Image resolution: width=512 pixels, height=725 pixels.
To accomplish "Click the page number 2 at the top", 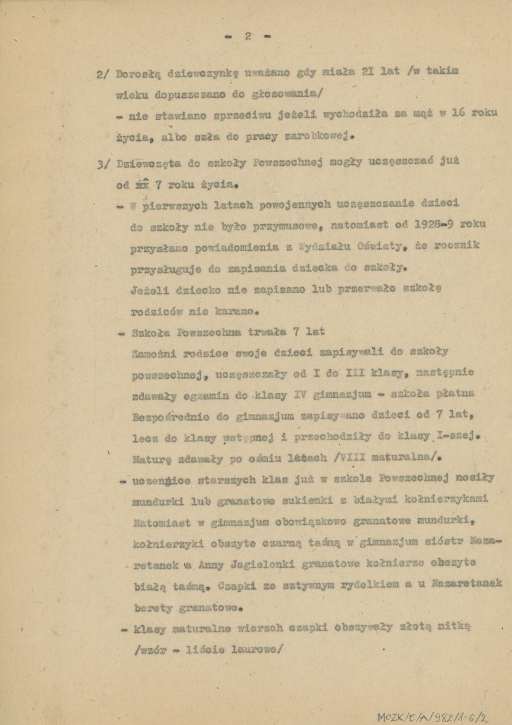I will pos(248,36).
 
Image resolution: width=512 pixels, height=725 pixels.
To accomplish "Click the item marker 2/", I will pos(103,75).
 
